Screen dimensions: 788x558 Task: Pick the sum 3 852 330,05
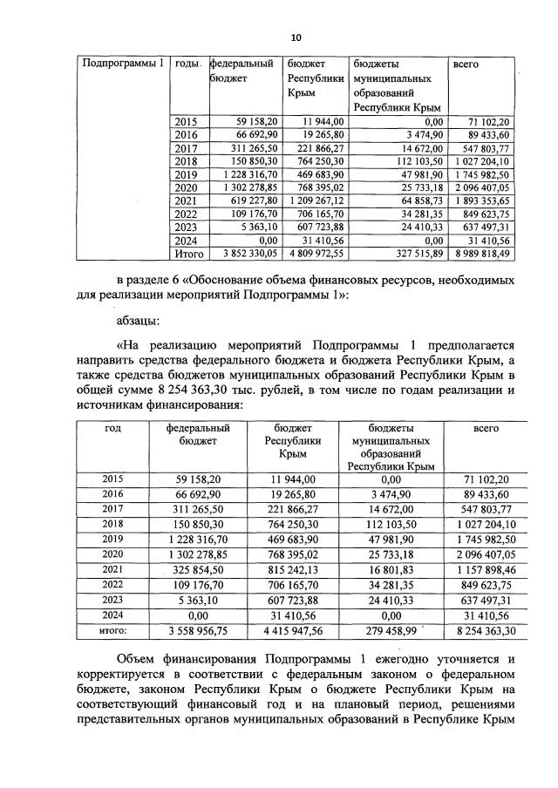(x=247, y=254)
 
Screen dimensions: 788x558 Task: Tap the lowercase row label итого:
(x=112, y=628)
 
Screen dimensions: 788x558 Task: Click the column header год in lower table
(x=112, y=428)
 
